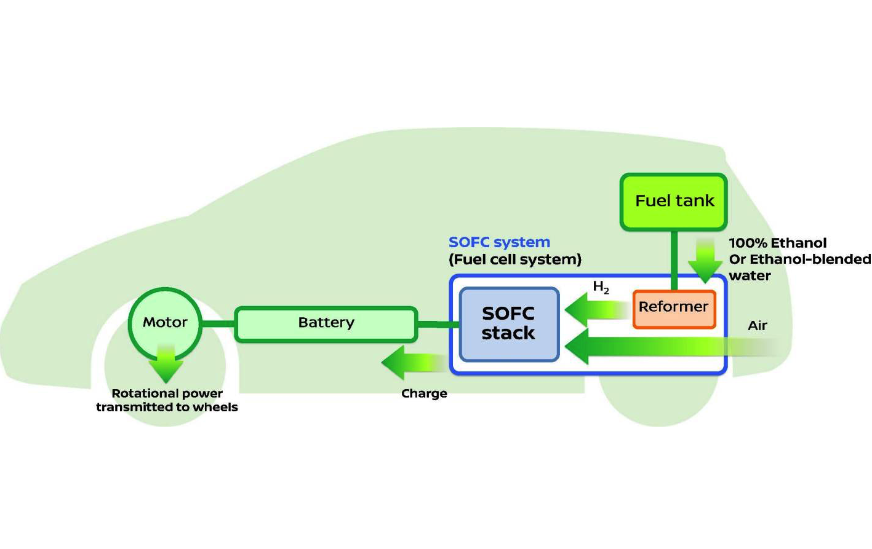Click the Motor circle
pyautogui.click(x=165, y=322)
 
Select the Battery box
pyautogui.click(x=326, y=323)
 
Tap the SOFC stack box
pyautogui.click(x=509, y=323)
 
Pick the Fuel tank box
pyautogui.click(x=674, y=202)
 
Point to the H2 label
pyautogui.click(x=601, y=287)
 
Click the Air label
pyautogui.click(x=757, y=326)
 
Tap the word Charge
pyautogui.click(x=424, y=393)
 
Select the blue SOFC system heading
pyautogui.click(x=499, y=242)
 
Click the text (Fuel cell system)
pyautogui.click(x=515, y=259)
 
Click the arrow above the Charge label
pyautogui.click(x=412, y=363)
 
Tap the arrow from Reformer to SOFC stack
pyautogui.click(x=594, y=309)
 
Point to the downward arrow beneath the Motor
pyautogui.click(x=166, y=364)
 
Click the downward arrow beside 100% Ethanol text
pyautogui.click(x=705, y=261)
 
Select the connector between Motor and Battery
pyautogui.click(x=218, y=323)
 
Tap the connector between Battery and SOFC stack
pyautogui.click(x=438, y=324)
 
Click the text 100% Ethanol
pyautogui.click(x=778, y=243)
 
